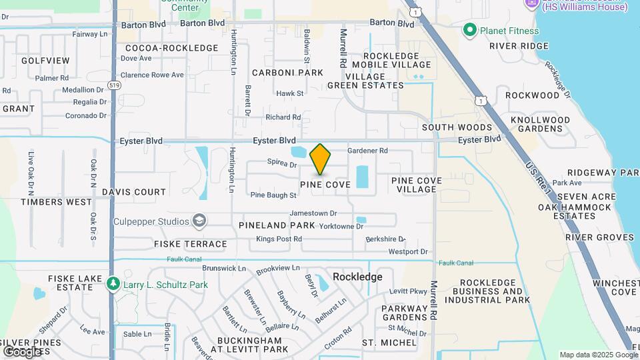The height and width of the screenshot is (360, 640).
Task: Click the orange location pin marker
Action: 321,159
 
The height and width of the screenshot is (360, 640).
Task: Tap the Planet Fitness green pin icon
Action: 470,30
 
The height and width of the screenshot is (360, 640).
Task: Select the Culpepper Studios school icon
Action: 199,221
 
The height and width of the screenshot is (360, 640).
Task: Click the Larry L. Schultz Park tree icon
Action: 113,285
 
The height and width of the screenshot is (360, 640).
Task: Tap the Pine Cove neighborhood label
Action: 325,185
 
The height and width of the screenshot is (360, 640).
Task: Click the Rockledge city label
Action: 357,277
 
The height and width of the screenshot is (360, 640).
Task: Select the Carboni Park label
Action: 287,72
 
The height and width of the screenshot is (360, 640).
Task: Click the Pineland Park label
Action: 267,225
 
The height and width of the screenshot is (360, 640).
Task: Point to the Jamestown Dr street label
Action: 313,213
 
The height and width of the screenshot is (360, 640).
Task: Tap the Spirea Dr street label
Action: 281,163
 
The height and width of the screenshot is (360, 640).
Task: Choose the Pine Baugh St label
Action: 273,195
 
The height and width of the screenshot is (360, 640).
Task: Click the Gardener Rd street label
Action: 367,151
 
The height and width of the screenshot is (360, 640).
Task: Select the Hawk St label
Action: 289,94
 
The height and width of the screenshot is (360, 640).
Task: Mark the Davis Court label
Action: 134,192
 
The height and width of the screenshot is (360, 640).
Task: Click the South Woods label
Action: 457,127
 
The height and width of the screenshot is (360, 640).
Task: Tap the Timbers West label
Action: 56,202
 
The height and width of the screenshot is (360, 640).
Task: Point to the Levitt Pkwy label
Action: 407,291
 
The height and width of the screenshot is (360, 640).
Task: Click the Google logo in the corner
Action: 23,351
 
